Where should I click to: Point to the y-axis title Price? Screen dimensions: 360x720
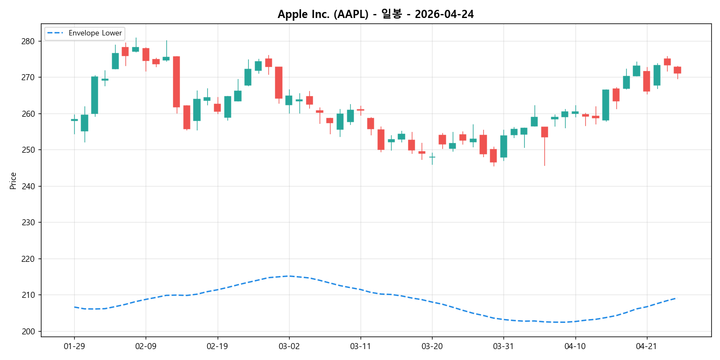[x=13, y=181]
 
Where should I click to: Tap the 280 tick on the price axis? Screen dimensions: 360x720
[x=28, y=41]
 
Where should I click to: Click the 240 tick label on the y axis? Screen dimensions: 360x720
[x=28, y=187]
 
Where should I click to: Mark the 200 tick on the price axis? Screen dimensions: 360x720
[x=28, y=332]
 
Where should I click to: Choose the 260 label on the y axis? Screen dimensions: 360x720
[x=28, y=114]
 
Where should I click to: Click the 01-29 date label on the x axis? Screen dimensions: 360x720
[x=74, y=346]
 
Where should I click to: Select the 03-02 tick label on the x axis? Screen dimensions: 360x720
[x=289, y=346]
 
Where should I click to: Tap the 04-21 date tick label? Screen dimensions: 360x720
[x=646, y=346]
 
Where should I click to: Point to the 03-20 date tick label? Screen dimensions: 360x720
[x=432, y=346]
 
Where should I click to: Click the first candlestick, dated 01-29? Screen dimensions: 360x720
[x=74, y=120]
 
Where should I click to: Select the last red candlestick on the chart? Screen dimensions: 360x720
[x=677, y=70]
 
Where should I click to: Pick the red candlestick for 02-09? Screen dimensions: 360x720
[x=146, y=55]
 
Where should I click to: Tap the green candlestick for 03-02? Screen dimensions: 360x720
[x=289, y=100]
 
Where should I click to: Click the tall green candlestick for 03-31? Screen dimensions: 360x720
[x=503, y=147]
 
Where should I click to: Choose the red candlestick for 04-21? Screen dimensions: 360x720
[x=646, y=81]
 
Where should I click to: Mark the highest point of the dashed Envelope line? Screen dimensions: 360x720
[x=289, y=276]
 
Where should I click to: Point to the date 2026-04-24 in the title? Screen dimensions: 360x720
[x=444, y=14]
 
